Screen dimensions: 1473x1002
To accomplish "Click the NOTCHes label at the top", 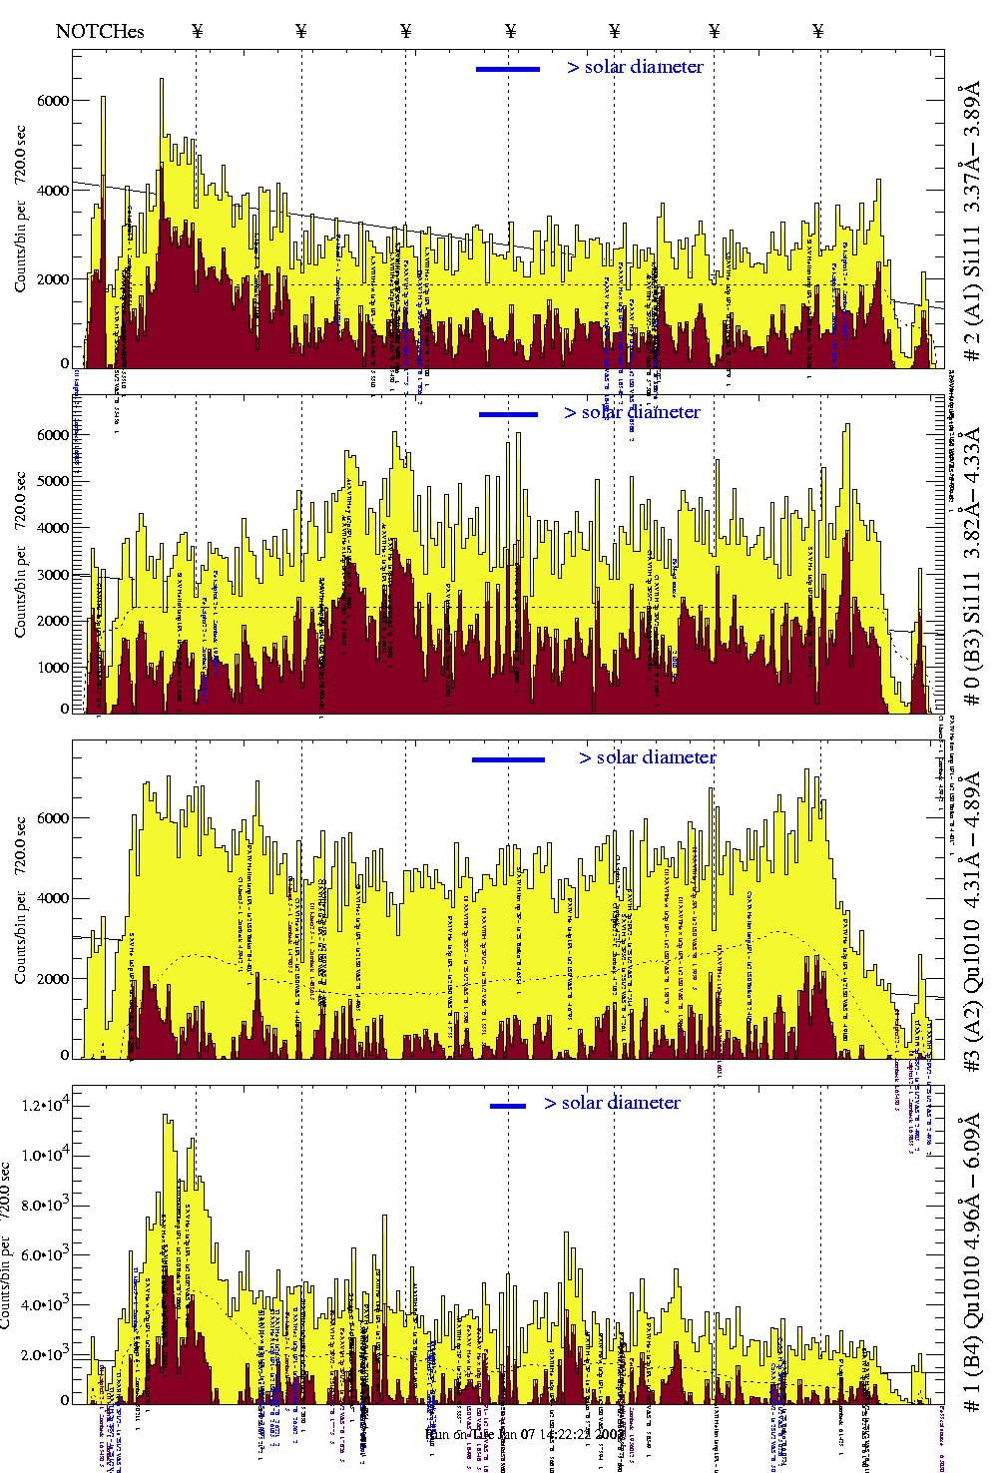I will click(x=100, y=31).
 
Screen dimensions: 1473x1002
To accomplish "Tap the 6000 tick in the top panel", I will click(x=53, y=101).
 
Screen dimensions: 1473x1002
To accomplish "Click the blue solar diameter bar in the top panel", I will click(x=508, y=69).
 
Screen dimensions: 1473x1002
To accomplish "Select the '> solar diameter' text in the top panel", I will click(x=635, y=67).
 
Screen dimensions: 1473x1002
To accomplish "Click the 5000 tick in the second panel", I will click(x=53, y=481).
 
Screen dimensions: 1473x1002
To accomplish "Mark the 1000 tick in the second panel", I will click(x=53, y=668).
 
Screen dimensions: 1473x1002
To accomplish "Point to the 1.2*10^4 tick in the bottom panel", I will click(x=44, y=1106).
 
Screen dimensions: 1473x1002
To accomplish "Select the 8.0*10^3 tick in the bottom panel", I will click(x=44, y=1206).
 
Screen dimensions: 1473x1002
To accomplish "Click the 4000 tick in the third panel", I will click(x=53, y=898).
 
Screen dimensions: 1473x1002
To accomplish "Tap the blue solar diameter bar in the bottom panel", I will click(x=508, y=1106).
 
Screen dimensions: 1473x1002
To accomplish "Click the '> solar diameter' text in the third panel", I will click(x=647, y=757).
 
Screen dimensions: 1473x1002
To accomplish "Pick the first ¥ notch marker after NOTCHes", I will click(x=198, y=31).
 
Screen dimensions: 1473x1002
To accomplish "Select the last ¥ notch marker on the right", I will click(x=818, y=31).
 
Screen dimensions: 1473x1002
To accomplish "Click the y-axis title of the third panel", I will click(x=21, y=898).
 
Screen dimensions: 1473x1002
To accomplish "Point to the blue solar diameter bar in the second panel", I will click(x=508, y=414).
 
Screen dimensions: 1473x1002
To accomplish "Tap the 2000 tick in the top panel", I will click(x=53, y=279).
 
